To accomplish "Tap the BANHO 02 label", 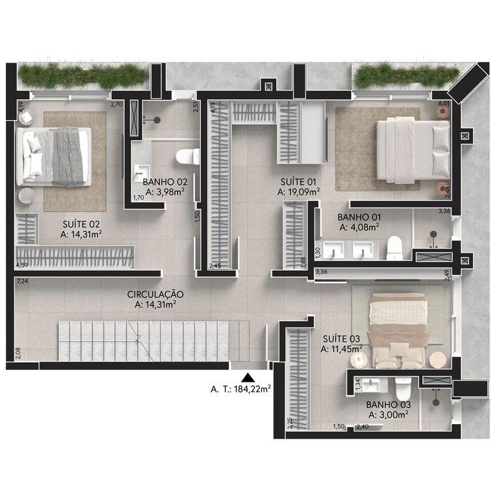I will pos(165,182).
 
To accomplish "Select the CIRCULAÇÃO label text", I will pos(155,294).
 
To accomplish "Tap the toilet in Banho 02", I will pos(187,157).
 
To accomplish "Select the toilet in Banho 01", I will pos(394,247).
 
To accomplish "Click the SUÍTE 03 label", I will pos(341,339).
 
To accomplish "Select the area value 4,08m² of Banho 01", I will pos(360,228).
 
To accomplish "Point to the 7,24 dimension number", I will pos(22,281).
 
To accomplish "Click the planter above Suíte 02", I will pos(82,76).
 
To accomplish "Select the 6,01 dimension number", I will pos(444,103).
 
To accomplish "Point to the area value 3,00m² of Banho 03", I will pos(388,414).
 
